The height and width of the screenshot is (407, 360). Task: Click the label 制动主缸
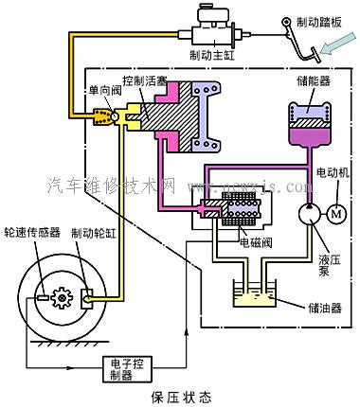coord(213,55)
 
